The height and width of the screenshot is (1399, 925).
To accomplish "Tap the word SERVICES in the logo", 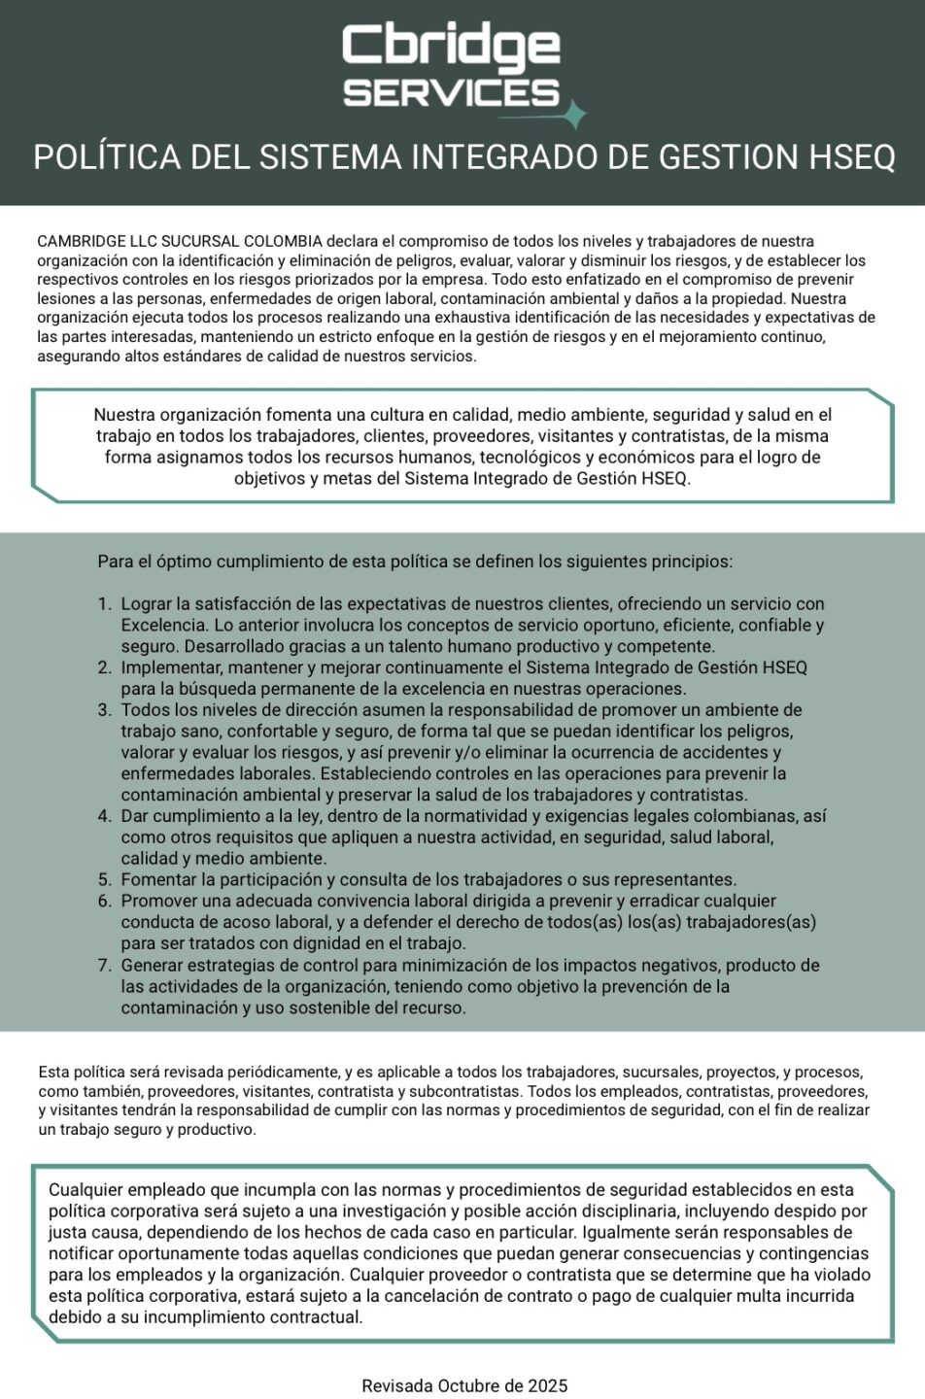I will pyautogui.click(x=452, y=93).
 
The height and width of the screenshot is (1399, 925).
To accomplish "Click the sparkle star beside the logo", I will pyautogui.click(x=575, y=115).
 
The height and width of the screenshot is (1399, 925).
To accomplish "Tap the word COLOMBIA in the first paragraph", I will pyautogui.click(x=283, y=241).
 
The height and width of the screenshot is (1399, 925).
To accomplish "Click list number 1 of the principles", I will pyautogui.click(x=105, y=604).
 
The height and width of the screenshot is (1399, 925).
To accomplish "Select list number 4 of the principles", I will pyautogui.click(x=105, y=816).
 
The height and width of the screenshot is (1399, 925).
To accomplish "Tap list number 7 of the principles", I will pyautogui.click(x=105, y=966).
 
